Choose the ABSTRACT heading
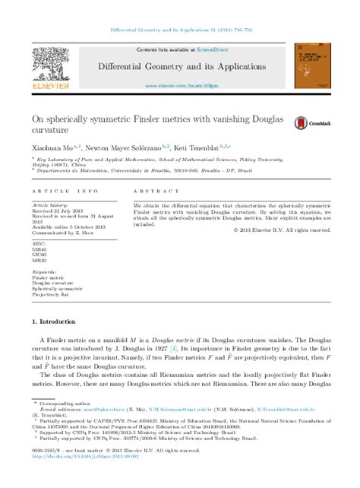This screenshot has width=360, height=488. click(150, 192)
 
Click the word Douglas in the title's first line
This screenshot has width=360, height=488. click(269, 118)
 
